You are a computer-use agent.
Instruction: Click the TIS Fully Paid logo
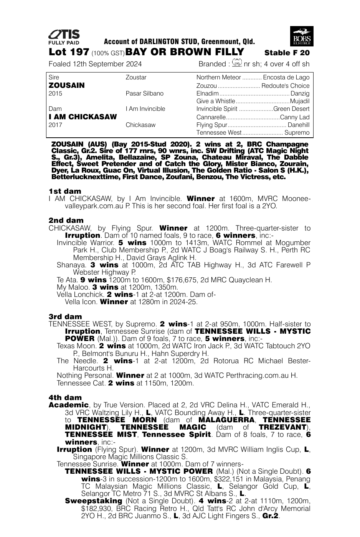click(64, 37)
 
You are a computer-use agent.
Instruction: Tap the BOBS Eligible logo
click(302, 36)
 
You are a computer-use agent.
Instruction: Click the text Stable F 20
click(287, 53)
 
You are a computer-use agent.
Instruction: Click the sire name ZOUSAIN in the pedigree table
click(67, 85)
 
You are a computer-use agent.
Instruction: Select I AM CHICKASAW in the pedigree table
click(83, 117)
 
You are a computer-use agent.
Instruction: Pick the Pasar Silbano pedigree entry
click(144, 93)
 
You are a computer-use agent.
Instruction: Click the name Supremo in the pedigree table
click(297, 133)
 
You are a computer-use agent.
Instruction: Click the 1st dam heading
click(65, 191)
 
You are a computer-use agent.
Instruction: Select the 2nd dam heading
click(66, 220)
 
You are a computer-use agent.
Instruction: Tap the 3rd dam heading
click(65, 316)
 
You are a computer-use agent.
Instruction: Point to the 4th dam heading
click(65, 397)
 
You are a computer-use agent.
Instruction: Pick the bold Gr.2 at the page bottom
click(270, 516)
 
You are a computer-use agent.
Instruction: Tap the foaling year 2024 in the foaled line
click(133, 64)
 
